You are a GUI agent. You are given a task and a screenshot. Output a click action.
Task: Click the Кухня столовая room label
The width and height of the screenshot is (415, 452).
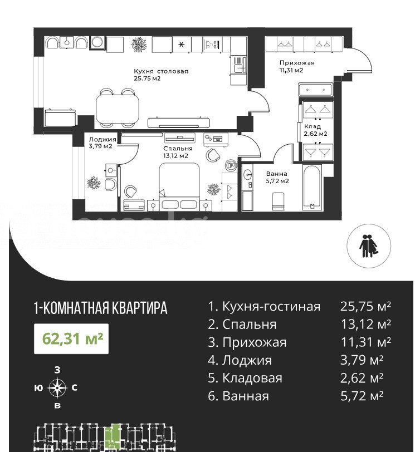(x=161, y=71)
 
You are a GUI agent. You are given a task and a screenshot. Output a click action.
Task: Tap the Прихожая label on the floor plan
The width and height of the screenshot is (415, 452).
(x=297, y=63)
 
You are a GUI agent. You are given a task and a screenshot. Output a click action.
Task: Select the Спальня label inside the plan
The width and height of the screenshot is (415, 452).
(x=177, y=149)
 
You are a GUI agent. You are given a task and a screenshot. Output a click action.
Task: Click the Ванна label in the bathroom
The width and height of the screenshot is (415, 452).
(x=276, y=174)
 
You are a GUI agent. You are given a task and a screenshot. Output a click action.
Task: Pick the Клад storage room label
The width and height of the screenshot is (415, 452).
(x=313, y=126)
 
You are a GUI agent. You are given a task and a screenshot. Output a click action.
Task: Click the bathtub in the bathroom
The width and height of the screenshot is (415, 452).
(x=312, y=188)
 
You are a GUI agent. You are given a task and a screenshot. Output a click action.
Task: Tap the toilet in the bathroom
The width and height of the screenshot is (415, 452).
(x=278, y=201)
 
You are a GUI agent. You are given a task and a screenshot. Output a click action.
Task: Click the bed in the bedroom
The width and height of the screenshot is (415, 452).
(x=179, y=186)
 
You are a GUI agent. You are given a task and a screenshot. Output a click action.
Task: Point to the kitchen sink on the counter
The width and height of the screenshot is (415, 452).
(x=238, y=68)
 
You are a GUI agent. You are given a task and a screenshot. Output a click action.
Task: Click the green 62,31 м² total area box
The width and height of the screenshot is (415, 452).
(x=71, y=338)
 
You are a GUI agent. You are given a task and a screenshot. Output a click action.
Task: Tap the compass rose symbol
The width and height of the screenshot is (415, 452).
(x=57, y=388)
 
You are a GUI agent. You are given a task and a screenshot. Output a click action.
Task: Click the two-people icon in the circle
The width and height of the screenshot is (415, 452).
(x=369, y=246)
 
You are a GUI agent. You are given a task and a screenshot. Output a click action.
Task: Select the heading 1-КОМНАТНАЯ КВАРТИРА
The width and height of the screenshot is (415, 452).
(x=101, y=308)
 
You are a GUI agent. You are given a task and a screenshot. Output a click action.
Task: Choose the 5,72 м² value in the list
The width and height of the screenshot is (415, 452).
(x=362, y=396)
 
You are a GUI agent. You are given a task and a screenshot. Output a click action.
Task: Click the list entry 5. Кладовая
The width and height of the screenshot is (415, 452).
(x=245, y=378)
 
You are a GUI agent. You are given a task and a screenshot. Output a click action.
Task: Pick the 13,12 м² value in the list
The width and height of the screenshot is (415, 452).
(x=365, y=325)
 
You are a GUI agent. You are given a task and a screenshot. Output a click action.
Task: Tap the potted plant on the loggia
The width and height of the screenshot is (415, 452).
(x=94, y=183)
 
